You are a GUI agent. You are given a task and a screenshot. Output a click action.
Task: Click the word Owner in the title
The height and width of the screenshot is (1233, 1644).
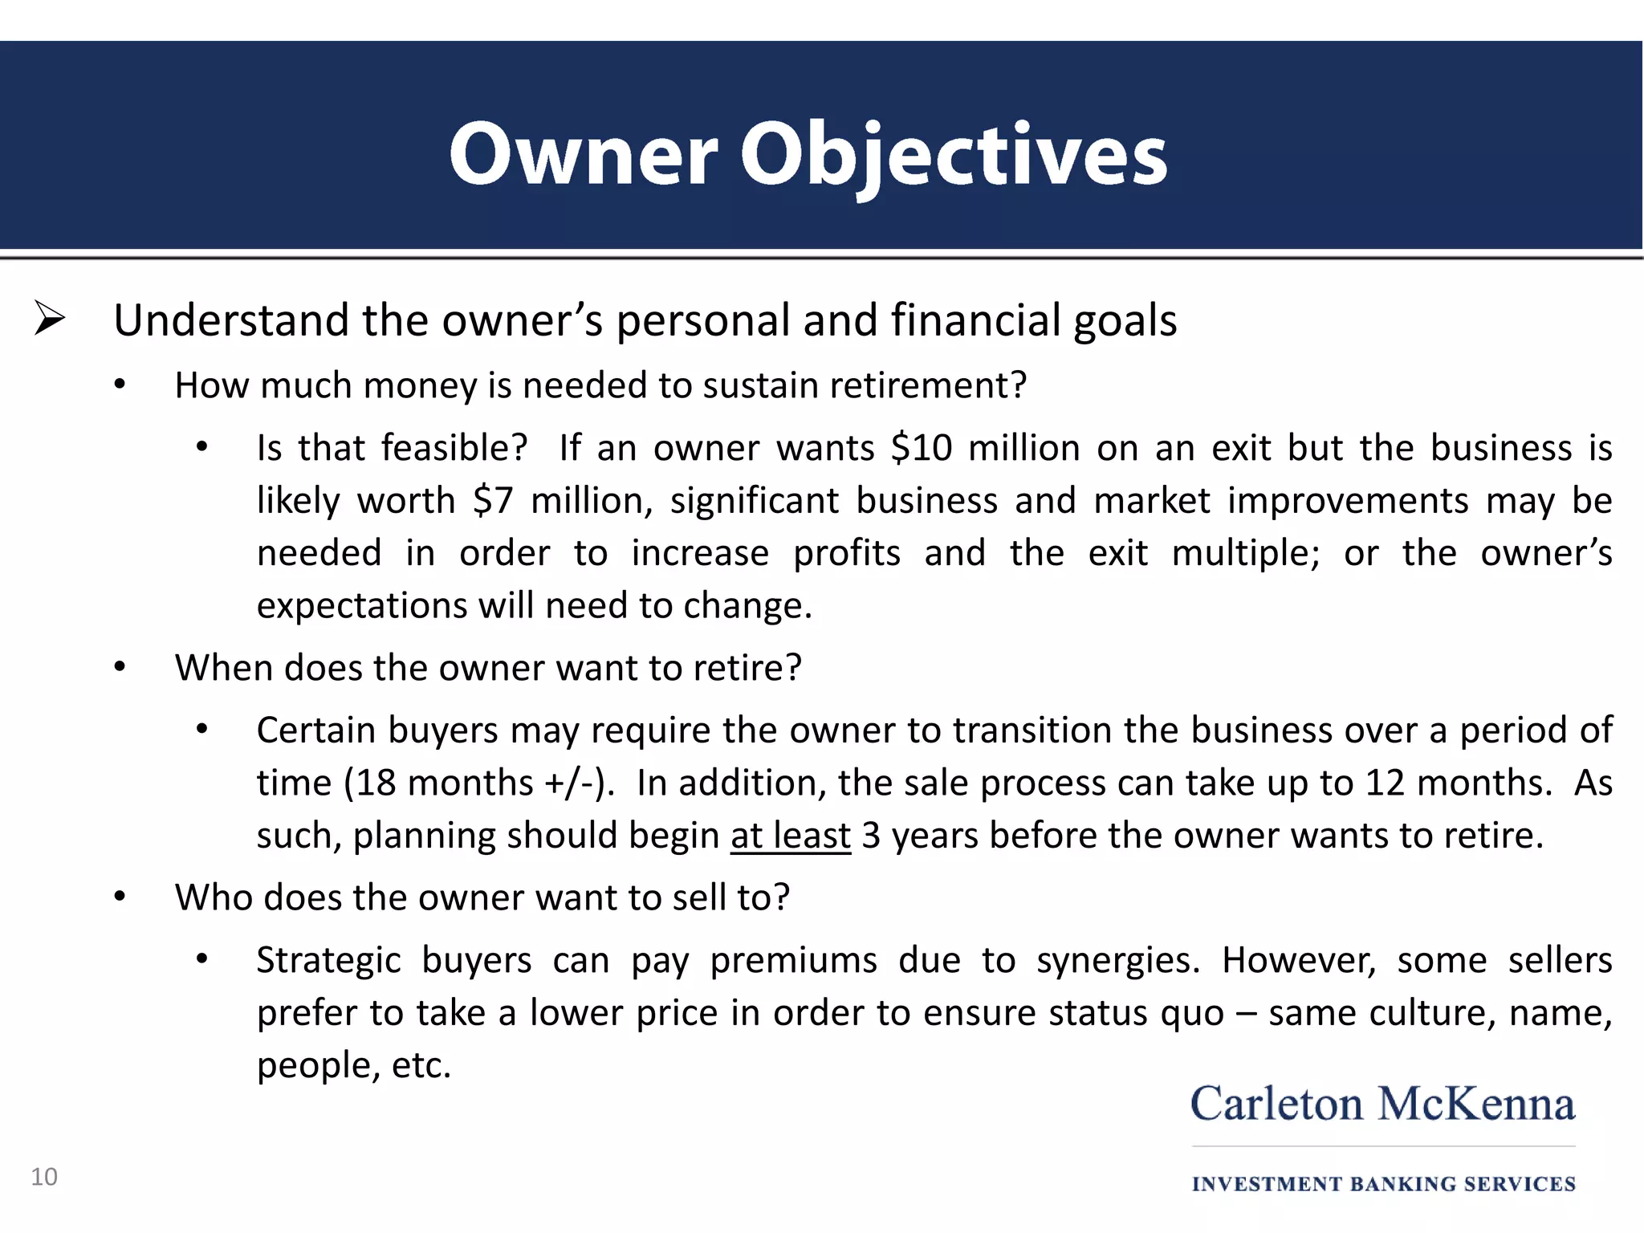pyautogui.click(x=583, y=154)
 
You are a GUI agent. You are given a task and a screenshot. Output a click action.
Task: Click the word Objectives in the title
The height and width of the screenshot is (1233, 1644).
pyautogui.click(x=953, y=154)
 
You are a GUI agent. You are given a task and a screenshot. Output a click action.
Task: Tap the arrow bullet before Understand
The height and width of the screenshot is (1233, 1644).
pyautogui.click(x=50, y=319)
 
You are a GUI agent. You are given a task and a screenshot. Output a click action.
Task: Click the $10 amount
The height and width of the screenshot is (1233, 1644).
pyautogui.click(x=921, y=448)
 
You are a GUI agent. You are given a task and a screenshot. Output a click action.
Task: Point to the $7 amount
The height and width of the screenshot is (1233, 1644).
pyautogui.click(x=492, y=501)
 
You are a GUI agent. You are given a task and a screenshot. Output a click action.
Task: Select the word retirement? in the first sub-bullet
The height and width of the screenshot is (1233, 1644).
pyautogui.click(x=928, y=386)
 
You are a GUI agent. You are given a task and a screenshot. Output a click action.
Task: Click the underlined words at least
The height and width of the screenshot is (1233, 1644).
pyautogui.click(x=790, y=836)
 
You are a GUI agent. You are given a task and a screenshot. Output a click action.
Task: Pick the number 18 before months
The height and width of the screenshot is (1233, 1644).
pyautogui.click(x=376, y=783)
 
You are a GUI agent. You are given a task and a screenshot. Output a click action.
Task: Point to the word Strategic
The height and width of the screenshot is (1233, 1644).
pyautogui.click(x=328, y=961)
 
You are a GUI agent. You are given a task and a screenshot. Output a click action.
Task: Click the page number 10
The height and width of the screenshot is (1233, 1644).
pyautogui.click(x=44, y=1177)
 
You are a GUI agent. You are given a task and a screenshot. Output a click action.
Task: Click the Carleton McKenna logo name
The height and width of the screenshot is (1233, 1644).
pyautogui.click(x=1382, y=1104)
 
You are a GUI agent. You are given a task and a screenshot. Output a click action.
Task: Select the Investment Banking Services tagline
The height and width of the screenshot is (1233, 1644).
pyautogui.click(x=1383, y=1184)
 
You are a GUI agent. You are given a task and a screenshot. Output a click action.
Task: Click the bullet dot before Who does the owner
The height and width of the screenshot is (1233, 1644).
pyautogui.click(x=120, y=897)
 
